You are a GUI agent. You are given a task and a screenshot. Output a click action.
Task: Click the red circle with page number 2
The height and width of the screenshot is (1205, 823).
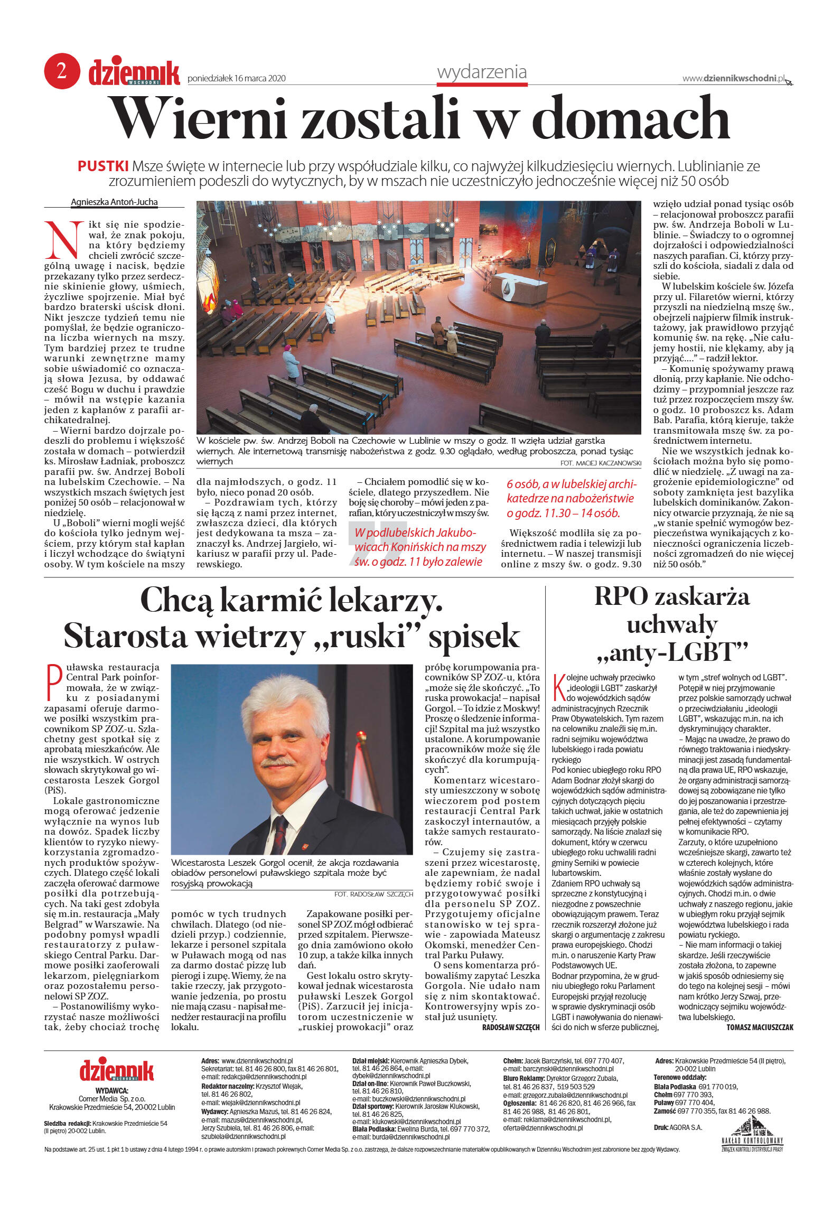(62, 70)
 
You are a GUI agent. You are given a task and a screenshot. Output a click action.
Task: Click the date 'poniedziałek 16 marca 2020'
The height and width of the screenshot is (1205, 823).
(237, 79)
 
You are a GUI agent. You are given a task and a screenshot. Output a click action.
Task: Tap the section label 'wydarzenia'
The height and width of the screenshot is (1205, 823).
(482, 72)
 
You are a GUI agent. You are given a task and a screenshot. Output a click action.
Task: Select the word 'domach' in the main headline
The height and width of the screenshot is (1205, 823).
(631, 118)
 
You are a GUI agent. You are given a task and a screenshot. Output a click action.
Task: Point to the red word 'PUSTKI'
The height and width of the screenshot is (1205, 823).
(103, 166)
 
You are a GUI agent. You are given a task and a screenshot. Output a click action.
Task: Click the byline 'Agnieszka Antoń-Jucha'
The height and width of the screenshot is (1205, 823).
(114, 202)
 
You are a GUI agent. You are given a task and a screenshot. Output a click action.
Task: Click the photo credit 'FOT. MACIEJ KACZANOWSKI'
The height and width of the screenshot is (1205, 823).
(601, 463)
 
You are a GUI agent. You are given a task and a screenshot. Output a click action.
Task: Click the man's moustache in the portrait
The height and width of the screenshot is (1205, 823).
(278, 762)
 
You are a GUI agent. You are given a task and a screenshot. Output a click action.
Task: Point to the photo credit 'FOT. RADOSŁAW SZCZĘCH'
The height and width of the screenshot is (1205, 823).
(373, 894)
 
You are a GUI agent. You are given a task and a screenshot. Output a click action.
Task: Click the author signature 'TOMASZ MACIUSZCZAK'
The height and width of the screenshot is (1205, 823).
(760, 1027)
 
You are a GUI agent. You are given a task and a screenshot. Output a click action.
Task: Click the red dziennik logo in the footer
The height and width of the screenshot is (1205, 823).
(116, 1070)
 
